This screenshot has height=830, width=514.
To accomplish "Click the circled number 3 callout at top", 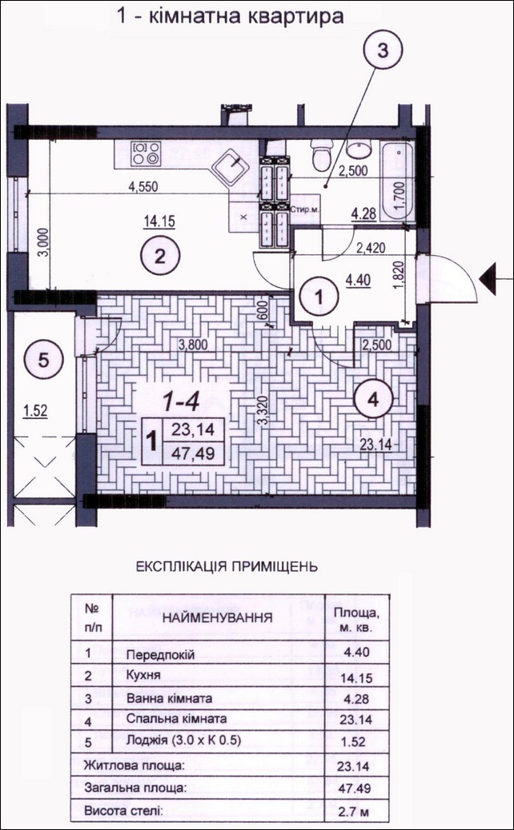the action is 383,51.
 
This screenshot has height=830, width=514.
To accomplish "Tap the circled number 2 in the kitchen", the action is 160,257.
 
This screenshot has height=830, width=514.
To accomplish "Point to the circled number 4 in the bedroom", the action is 373,400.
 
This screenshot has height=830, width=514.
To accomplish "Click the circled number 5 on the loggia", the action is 43,361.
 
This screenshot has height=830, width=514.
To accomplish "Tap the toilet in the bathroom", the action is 322,154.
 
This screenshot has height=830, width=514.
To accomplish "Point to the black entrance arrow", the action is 488,278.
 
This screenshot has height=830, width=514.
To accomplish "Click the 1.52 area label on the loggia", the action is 35,411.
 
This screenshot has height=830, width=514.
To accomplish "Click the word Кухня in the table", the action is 143,676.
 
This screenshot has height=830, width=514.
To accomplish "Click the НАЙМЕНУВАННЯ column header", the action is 218,617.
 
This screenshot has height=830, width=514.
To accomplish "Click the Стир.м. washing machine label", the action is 303,209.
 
